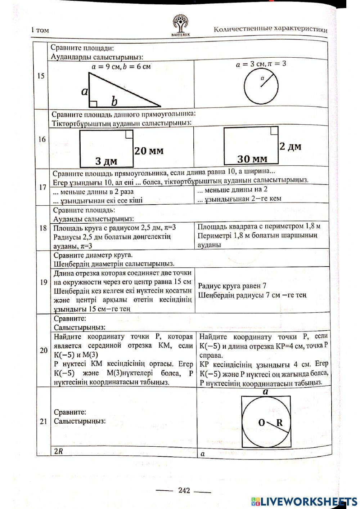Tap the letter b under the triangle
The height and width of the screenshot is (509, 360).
(x=114, y=102)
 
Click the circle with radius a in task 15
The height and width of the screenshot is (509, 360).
(x=261, y=86)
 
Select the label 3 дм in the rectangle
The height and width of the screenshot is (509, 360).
(x=106, y=161)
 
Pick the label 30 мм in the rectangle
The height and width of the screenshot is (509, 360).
(x=252, y=158)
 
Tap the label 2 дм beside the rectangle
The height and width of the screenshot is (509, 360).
(x=290, y=147)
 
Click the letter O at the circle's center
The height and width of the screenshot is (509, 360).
(x=262, y=423)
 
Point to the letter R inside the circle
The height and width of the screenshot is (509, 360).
(x=279, y=423)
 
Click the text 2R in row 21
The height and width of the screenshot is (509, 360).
(x=58, y=451)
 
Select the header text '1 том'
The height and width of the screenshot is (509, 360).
(x=40, y=30)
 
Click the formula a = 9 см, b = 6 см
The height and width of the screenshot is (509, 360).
(x=121, y=66)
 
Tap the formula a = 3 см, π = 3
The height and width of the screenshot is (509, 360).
(x=261, y=64)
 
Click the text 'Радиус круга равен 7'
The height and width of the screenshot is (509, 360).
(x=232, y=286)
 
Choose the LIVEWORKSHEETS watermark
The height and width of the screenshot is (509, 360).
(x=304, y=501)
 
